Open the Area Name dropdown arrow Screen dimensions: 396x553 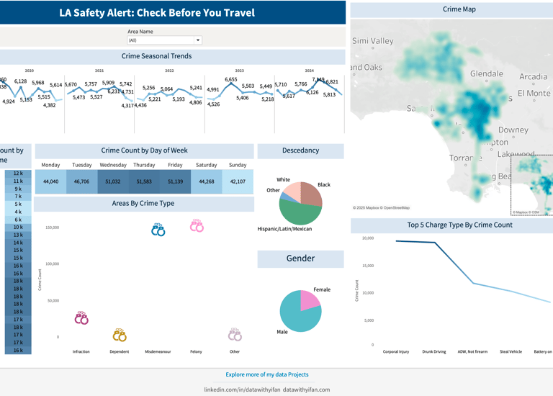pyautogui.click(x=198, y=40)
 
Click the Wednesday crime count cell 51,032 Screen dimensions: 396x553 pyautogui.click(x=113, y=181)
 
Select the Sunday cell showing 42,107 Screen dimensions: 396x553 pyautogui.click(x=237, y=181)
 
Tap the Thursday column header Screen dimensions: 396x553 pyautogui.click(x=144, y=165)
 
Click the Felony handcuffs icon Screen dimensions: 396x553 pyautogui.click(x=197, y=225)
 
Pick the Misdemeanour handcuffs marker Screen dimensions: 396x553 pyautogui.click(x=158, y=230)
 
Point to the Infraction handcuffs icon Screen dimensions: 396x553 pyautogui.click(x=81, y=318)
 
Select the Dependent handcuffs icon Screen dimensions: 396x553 pyautogui.click(x=120, y=335)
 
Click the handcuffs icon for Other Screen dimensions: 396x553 pyautogui.click(x=235, y=335)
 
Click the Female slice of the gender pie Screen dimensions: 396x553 pyautogui.click(x=310, y=300)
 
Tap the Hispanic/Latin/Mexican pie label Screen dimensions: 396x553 pyautogui.click(x=284, y=229)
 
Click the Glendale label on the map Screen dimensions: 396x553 pyautogui.click(x=487, y=73)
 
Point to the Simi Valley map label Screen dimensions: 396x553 pyautogui.click(x=373, y=41)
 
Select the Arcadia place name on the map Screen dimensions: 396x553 pyautogui.click(x=533, y=76)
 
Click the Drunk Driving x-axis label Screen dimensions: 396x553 pyautogui.click(x=434, y=352)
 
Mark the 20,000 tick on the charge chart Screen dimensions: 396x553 pyautogui.click(x=368, y=238)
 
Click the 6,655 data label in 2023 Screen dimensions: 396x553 pyautogui.click(x=230, y=80)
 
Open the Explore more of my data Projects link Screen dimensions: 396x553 pyautogui.click(x=266, y=374)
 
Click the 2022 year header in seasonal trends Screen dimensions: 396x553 pyautogui.click(x=169, y=71)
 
